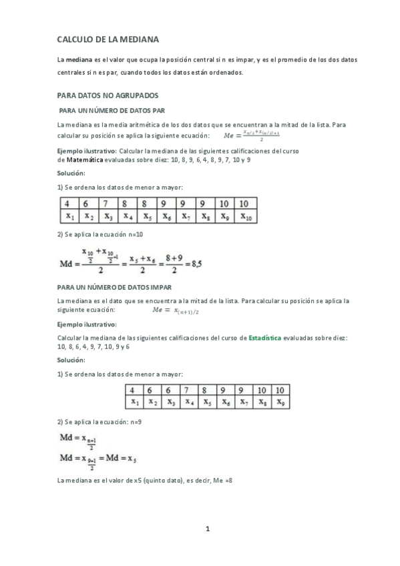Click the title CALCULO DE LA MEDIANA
coord(108,40)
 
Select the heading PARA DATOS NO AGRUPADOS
coord(106,95)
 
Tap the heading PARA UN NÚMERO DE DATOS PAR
coord(112,110)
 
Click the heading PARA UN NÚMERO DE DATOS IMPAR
coord(115,286)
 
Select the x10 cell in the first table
coord(244,216)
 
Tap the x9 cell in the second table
coord(280,402)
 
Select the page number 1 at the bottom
coord(208,530)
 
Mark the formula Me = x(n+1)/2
coord(177,310)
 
